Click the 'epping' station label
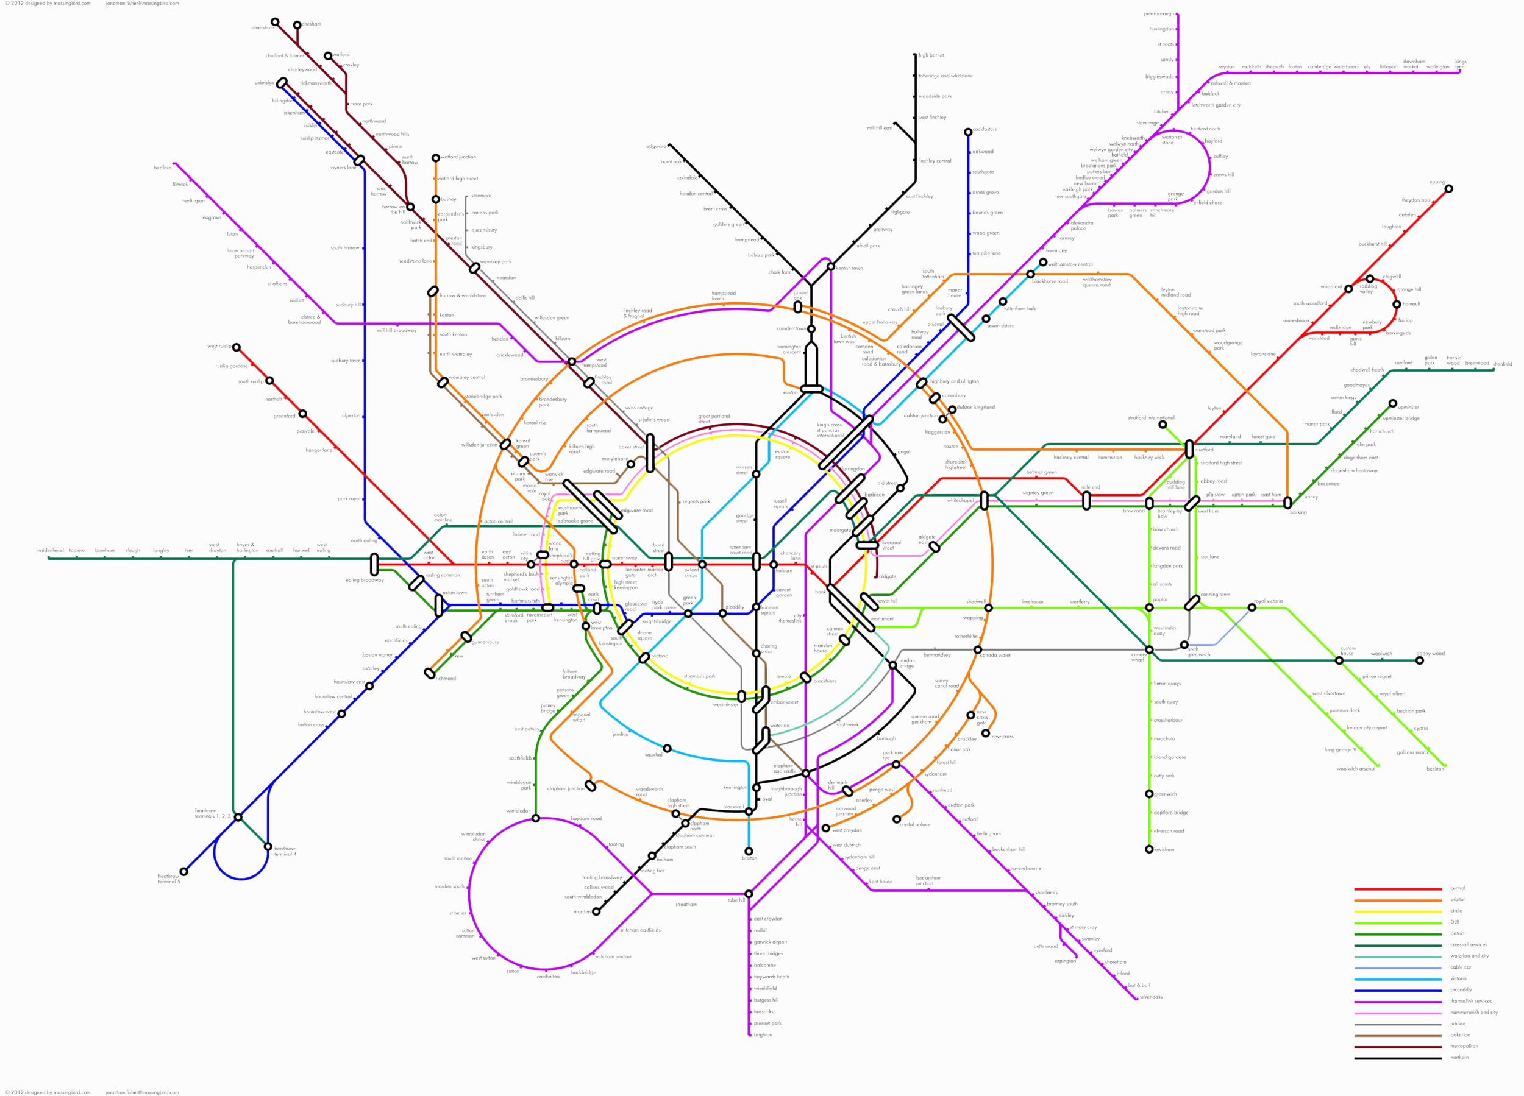coord(1437,182)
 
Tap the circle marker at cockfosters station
coord(967,132)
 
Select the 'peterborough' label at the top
coord(1158,14)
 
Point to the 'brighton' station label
coord(763,1035)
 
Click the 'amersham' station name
coord(262,28)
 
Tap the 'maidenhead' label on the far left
coord(50,550)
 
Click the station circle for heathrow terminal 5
coord(183,872)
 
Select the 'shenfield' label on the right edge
coord(1503,364)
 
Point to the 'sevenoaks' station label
coord(1150,997)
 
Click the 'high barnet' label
coord(931,55)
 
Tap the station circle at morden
coord(596,911)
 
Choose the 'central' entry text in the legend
coord(1458,888)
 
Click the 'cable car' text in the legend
coord(1460,967)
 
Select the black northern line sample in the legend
coord(1397,1058)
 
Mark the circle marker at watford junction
coord(435,158)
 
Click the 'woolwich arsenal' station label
coord(1355,769)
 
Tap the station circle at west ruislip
coord(237,347)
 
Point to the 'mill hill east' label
coord(880,127)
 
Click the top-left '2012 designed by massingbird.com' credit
coord(48,4)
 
